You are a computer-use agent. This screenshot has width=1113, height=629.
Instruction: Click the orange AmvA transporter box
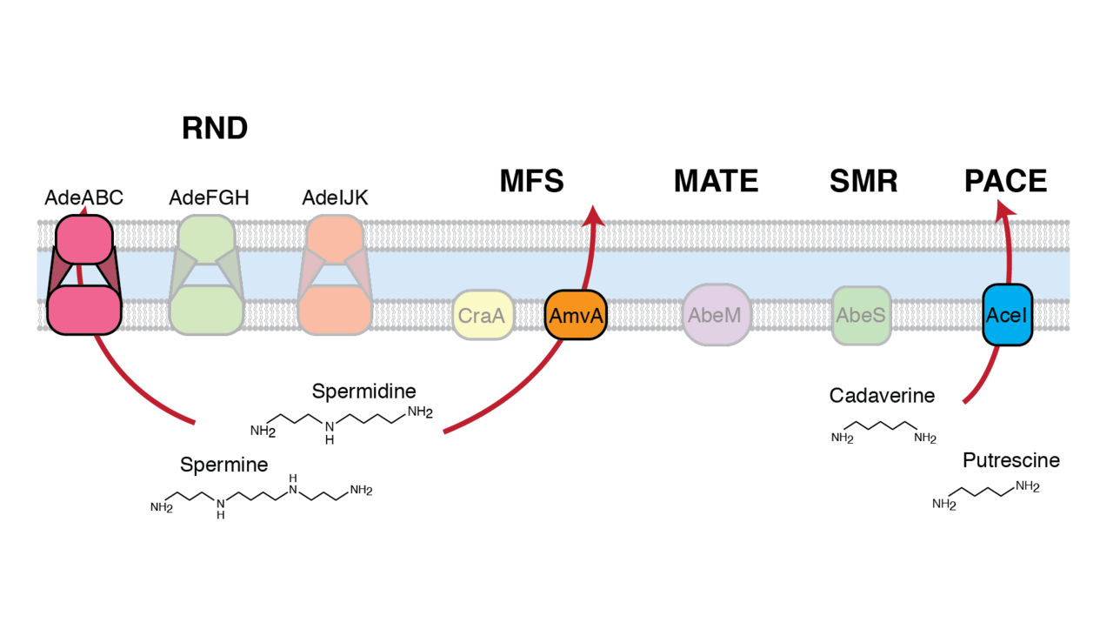tap(576, 316)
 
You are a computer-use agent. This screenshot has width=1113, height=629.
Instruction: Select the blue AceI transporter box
tap(1007, 315)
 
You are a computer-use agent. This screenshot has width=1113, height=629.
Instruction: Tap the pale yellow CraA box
tap(482, 315)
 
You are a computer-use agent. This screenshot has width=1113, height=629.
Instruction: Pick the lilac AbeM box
tap(716, 315)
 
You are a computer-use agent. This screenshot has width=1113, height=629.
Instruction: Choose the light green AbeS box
tap(861, 315)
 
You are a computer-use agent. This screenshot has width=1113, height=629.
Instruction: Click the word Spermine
tap(223, 465)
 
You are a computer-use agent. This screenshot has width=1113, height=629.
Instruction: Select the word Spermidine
tap(363, 391)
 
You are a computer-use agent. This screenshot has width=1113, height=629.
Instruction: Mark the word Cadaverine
tap(882, 396)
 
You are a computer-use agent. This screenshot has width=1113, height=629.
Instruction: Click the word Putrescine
tap(1011, 461)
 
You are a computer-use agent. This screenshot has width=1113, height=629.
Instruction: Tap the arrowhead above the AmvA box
tap(593, 213)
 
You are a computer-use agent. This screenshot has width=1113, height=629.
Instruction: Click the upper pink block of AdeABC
tap(84, 239)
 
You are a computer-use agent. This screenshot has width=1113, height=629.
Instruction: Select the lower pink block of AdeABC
tap(83, 311)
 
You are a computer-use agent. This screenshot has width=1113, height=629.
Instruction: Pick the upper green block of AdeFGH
tap(206, 236)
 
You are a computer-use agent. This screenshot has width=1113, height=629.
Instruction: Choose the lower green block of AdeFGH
tap(206, 311)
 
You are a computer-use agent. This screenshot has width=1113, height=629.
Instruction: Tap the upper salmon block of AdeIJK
tap(335, 236)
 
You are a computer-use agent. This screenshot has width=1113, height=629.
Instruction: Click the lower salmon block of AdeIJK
tap(335, 311)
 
